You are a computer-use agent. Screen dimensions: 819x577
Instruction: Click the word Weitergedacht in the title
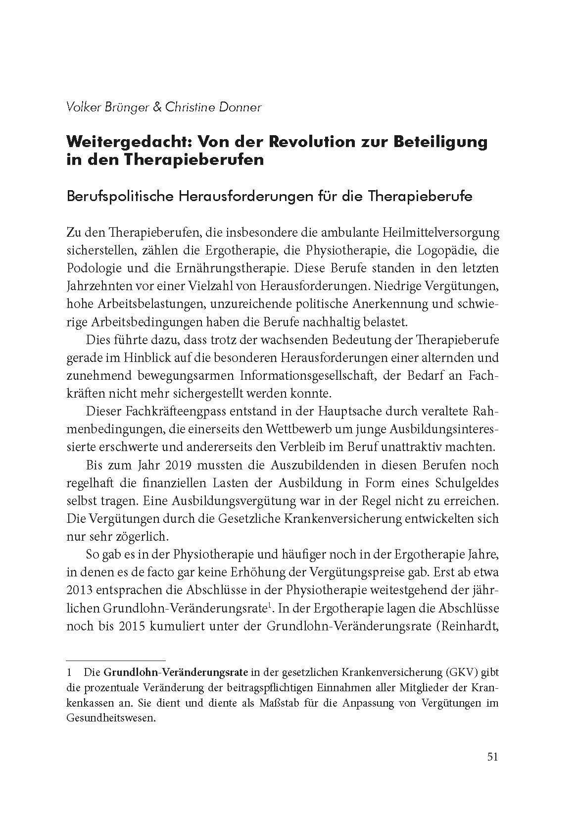click(x=127, y=142)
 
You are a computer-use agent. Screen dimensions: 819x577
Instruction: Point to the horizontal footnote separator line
click(x=115, y=661)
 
